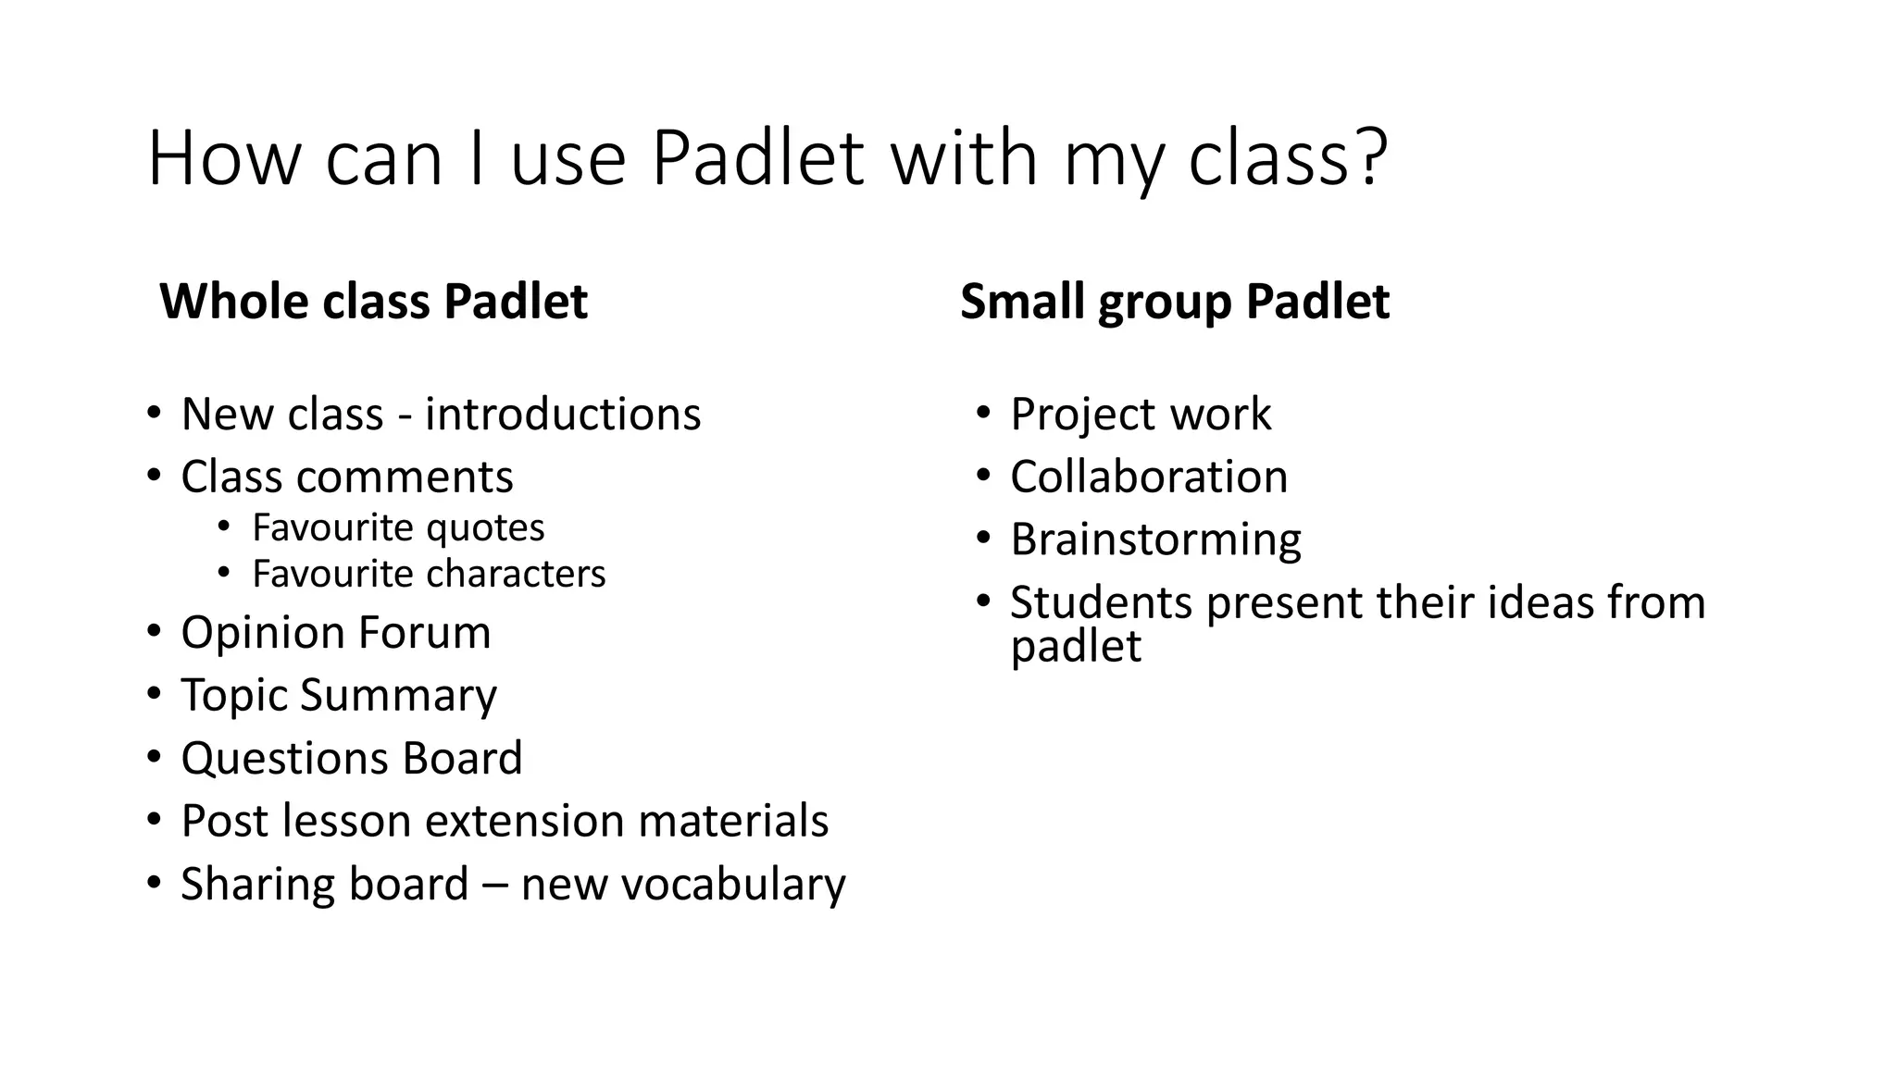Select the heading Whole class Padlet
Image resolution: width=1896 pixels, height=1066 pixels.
pos(373,302)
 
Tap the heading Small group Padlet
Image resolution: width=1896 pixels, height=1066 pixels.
pos(1174,302)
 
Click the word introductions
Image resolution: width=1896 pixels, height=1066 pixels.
pos(562,414)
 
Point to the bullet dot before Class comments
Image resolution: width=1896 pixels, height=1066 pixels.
pos(154,477)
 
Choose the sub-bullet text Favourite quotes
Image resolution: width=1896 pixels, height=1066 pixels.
pos(398,527)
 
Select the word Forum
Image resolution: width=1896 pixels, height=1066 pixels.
pos(424,632)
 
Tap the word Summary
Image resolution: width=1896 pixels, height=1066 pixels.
pos(398,696)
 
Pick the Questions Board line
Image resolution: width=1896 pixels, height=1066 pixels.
pos(352,758)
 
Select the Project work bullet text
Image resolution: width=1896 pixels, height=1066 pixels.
pos(1141,414)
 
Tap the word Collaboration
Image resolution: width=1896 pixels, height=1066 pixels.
pos(1149,477)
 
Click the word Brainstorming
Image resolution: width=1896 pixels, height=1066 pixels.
pos(1155,539)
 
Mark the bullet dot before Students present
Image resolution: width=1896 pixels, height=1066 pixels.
pos(983,601)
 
